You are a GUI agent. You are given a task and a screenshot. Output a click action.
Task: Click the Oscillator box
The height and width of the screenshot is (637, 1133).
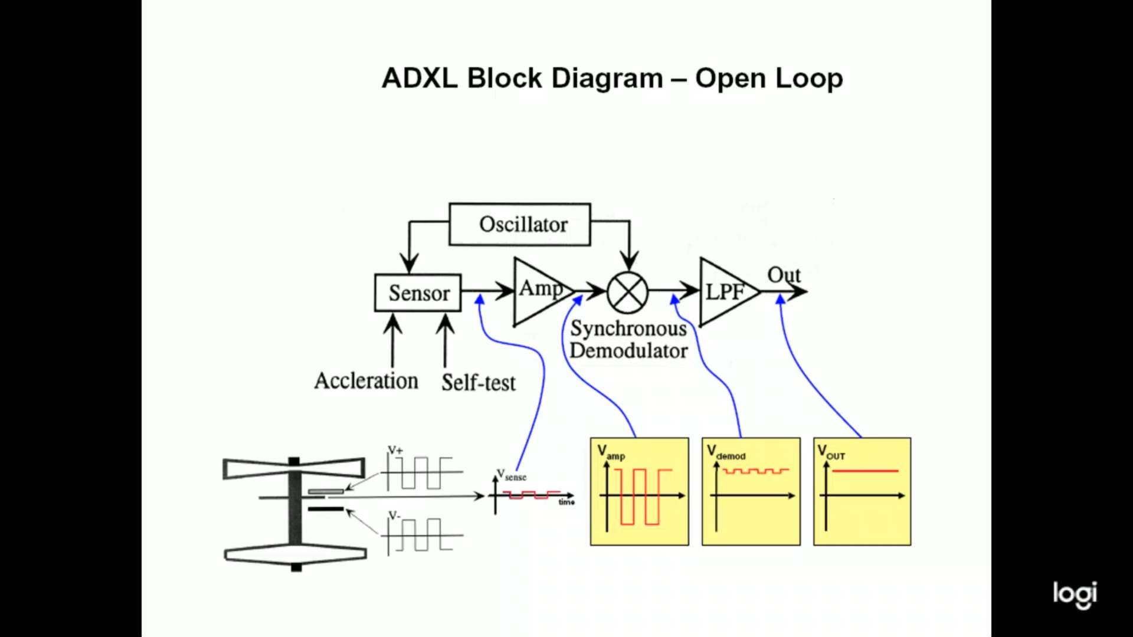(520, 225)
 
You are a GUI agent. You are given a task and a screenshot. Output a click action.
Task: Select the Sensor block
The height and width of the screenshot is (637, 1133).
(418, 293)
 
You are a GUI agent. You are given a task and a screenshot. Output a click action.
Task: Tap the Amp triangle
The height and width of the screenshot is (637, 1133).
(539, 290)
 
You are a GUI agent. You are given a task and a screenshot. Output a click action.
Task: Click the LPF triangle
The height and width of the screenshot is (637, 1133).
(725, 291)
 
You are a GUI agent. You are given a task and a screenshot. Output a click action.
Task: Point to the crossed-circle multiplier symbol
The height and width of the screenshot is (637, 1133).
(627, 292)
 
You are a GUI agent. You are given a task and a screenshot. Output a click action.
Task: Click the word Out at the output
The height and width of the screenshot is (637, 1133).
(784, 275)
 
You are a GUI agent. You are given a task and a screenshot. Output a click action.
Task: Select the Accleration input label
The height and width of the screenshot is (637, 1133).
(366, 381)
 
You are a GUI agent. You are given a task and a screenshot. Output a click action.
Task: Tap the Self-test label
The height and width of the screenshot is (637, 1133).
(479, 383)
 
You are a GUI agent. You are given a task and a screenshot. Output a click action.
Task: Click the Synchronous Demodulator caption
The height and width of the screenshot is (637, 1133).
(628, 340)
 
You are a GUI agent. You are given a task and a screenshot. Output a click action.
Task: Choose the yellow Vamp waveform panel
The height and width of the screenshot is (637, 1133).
(640, 491)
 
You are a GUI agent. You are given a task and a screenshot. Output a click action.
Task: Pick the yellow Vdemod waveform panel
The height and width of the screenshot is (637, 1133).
(751, 491)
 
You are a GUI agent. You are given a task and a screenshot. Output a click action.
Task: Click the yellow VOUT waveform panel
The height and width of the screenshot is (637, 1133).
(862, 491)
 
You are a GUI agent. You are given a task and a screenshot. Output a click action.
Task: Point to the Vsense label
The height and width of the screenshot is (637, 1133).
(511, 475)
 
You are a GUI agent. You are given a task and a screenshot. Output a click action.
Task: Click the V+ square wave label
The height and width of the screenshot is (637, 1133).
(395, 450)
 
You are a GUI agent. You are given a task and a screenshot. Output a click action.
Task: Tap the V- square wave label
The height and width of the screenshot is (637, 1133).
(394, 515)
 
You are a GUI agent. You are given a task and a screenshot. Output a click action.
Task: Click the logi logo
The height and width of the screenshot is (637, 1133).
(1075, 595)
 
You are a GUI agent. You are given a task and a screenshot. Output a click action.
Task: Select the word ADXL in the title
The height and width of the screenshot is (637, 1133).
(420, 78)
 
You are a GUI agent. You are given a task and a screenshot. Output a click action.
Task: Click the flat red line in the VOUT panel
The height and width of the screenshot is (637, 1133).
(865, 471)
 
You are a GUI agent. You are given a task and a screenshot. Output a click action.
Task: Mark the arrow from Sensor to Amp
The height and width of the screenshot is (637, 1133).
(487, 290)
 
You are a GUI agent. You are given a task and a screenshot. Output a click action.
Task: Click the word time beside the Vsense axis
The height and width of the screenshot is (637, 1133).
(566, 503)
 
